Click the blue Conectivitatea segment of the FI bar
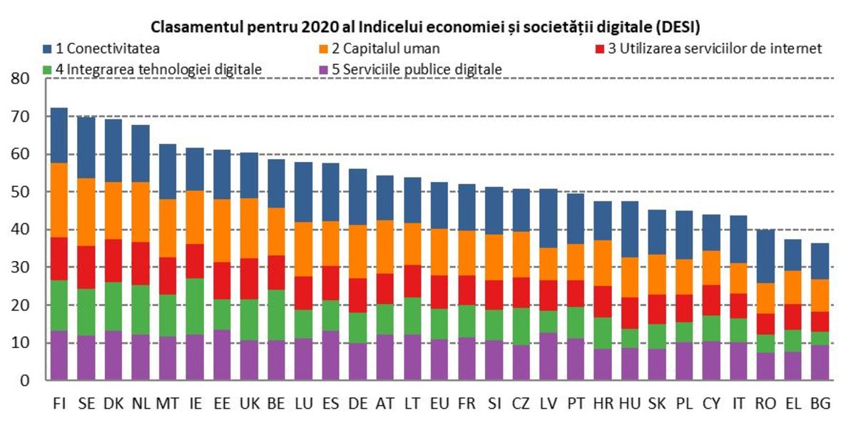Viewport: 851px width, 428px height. click(x=59, y=136)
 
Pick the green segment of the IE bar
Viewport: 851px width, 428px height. click(x=195, y=306)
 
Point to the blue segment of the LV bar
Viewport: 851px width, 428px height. click(x=549, y=218)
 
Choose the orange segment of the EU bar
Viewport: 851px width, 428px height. click(x=440, y=252)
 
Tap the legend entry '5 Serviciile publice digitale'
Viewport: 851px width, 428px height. click(x=417, y=69)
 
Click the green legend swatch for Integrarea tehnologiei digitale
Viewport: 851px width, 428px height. click(x=48, y=70)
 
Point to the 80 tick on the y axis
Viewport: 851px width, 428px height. click(x=21, y=79)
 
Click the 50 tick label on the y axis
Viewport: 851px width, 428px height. click(x=21, y=193)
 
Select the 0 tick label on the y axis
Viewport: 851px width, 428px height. click(x=26, y=381)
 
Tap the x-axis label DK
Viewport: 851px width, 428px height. click(x=114, y=404)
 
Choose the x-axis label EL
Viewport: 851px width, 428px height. click(x=793, y=404)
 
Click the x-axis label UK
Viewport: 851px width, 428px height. click(x=250, y=404)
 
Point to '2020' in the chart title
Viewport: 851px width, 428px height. click(x=297, y=28)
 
